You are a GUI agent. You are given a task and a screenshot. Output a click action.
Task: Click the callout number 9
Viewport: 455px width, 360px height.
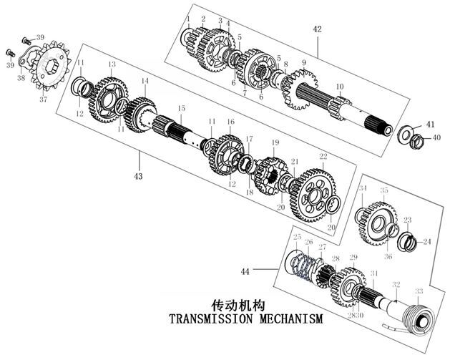tap(303, 63)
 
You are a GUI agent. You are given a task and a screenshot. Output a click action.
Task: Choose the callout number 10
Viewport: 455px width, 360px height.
tap(341, 87)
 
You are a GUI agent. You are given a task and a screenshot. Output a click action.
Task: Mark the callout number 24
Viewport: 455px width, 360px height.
tap(426, 242)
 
